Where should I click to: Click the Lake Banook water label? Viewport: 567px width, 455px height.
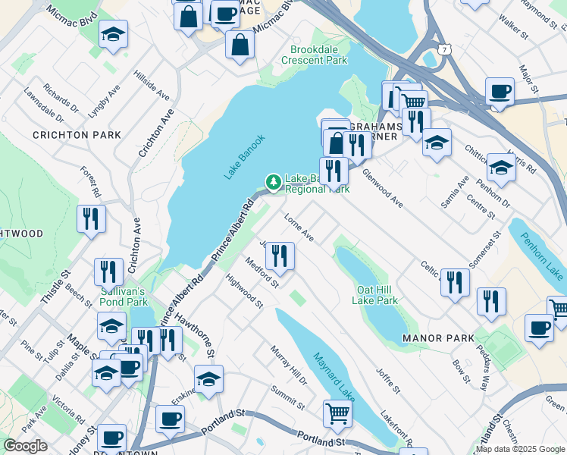pyautogui.click(x=245, y=157)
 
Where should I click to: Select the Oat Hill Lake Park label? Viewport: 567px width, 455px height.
pyautogui.click(x=374, y=295)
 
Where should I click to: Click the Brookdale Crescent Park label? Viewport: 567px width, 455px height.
pyautogui.click(x=314, y=54)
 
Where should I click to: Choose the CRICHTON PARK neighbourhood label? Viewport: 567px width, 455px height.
pyautogui.click(x=77, y=135)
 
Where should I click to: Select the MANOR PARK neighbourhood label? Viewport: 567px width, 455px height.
pyautogui.click(x=439, y=338)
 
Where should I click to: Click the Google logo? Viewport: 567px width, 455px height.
pyautogui.click(x=26, y=446)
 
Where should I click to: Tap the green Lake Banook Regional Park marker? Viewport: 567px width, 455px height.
pyautogui.click(x=272, y=180)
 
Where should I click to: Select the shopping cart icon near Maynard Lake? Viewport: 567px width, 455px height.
pyautogui.click(x=337, y=413)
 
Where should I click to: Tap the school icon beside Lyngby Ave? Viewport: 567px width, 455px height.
pyautogui.click(x=113, y=34)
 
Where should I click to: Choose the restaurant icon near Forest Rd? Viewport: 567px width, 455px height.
pyautogui.click(x=91, y=219)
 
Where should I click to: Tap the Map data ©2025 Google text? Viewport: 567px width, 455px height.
pyautogui.click(x=520, y=449)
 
